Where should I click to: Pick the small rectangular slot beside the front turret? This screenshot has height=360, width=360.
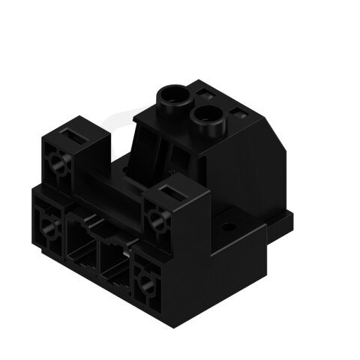(x=238, y=114)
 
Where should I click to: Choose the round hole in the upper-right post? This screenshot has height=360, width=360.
(x=158, y=219)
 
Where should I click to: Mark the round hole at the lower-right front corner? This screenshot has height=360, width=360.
(x=144, y=281)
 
